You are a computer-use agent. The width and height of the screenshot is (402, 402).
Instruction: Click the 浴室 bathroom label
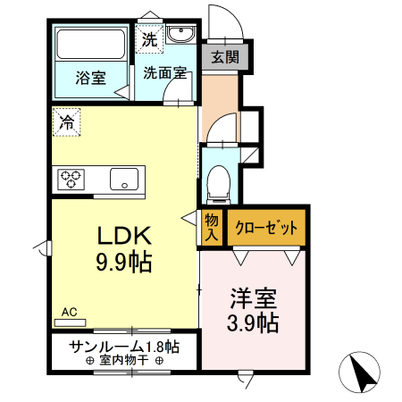pos(91,78)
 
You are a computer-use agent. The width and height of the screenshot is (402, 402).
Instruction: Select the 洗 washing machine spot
pos(149,40)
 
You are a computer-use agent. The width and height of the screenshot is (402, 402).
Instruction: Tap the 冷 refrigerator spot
pos(68,122)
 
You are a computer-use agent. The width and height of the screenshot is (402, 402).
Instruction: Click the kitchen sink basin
pos(124,179)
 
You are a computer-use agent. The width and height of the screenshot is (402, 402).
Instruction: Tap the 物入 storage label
pos(213,228)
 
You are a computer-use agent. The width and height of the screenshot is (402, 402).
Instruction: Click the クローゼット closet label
pos(266,227)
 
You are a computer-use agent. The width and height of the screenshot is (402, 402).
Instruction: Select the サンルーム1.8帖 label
pos(124,346)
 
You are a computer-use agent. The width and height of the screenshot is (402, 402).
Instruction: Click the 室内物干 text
pos(123,361)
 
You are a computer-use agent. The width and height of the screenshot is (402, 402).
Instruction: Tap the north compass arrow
pos(361,373)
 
